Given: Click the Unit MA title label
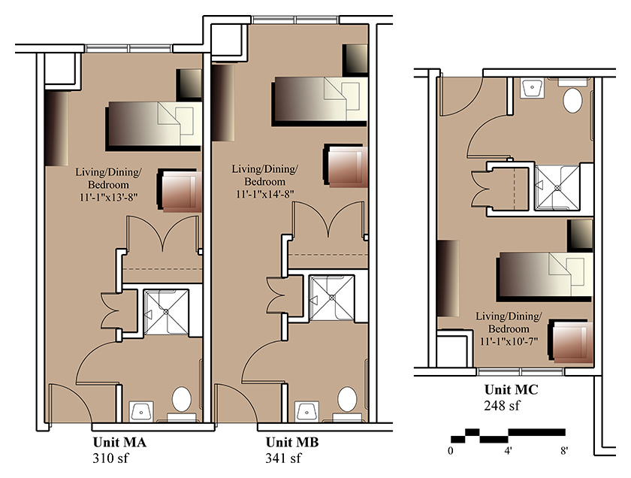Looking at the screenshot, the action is click(x=119, y=442).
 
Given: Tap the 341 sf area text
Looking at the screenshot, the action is click(x=283, y=458).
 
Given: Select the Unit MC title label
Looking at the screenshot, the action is click(x=511, y=389).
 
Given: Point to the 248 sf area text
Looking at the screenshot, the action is click(x=502, y=405).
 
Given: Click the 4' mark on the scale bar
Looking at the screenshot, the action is click(x=509, y=451).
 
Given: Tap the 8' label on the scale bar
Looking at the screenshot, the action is click(x=564, y=451).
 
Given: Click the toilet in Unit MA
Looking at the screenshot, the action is click(x=182, y=403).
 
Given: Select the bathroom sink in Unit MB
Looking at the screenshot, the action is click(x=306, y=411).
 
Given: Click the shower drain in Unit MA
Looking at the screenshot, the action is click(x=166, y=311).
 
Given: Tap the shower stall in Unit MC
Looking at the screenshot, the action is click(x=557, y=188).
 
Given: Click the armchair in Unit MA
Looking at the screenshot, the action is click(x=180, y=190).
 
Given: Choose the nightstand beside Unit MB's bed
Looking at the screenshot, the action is click(x=355, y=59).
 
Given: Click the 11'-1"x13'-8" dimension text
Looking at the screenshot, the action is click(x=108, y=198).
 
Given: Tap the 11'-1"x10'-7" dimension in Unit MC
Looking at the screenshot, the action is click(x=509, y=341).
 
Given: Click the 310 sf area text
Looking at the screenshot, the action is click(x=110, y=458).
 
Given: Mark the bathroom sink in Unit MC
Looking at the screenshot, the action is click(x=532, y=88).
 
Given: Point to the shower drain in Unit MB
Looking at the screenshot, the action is click(x=332, y=298).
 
